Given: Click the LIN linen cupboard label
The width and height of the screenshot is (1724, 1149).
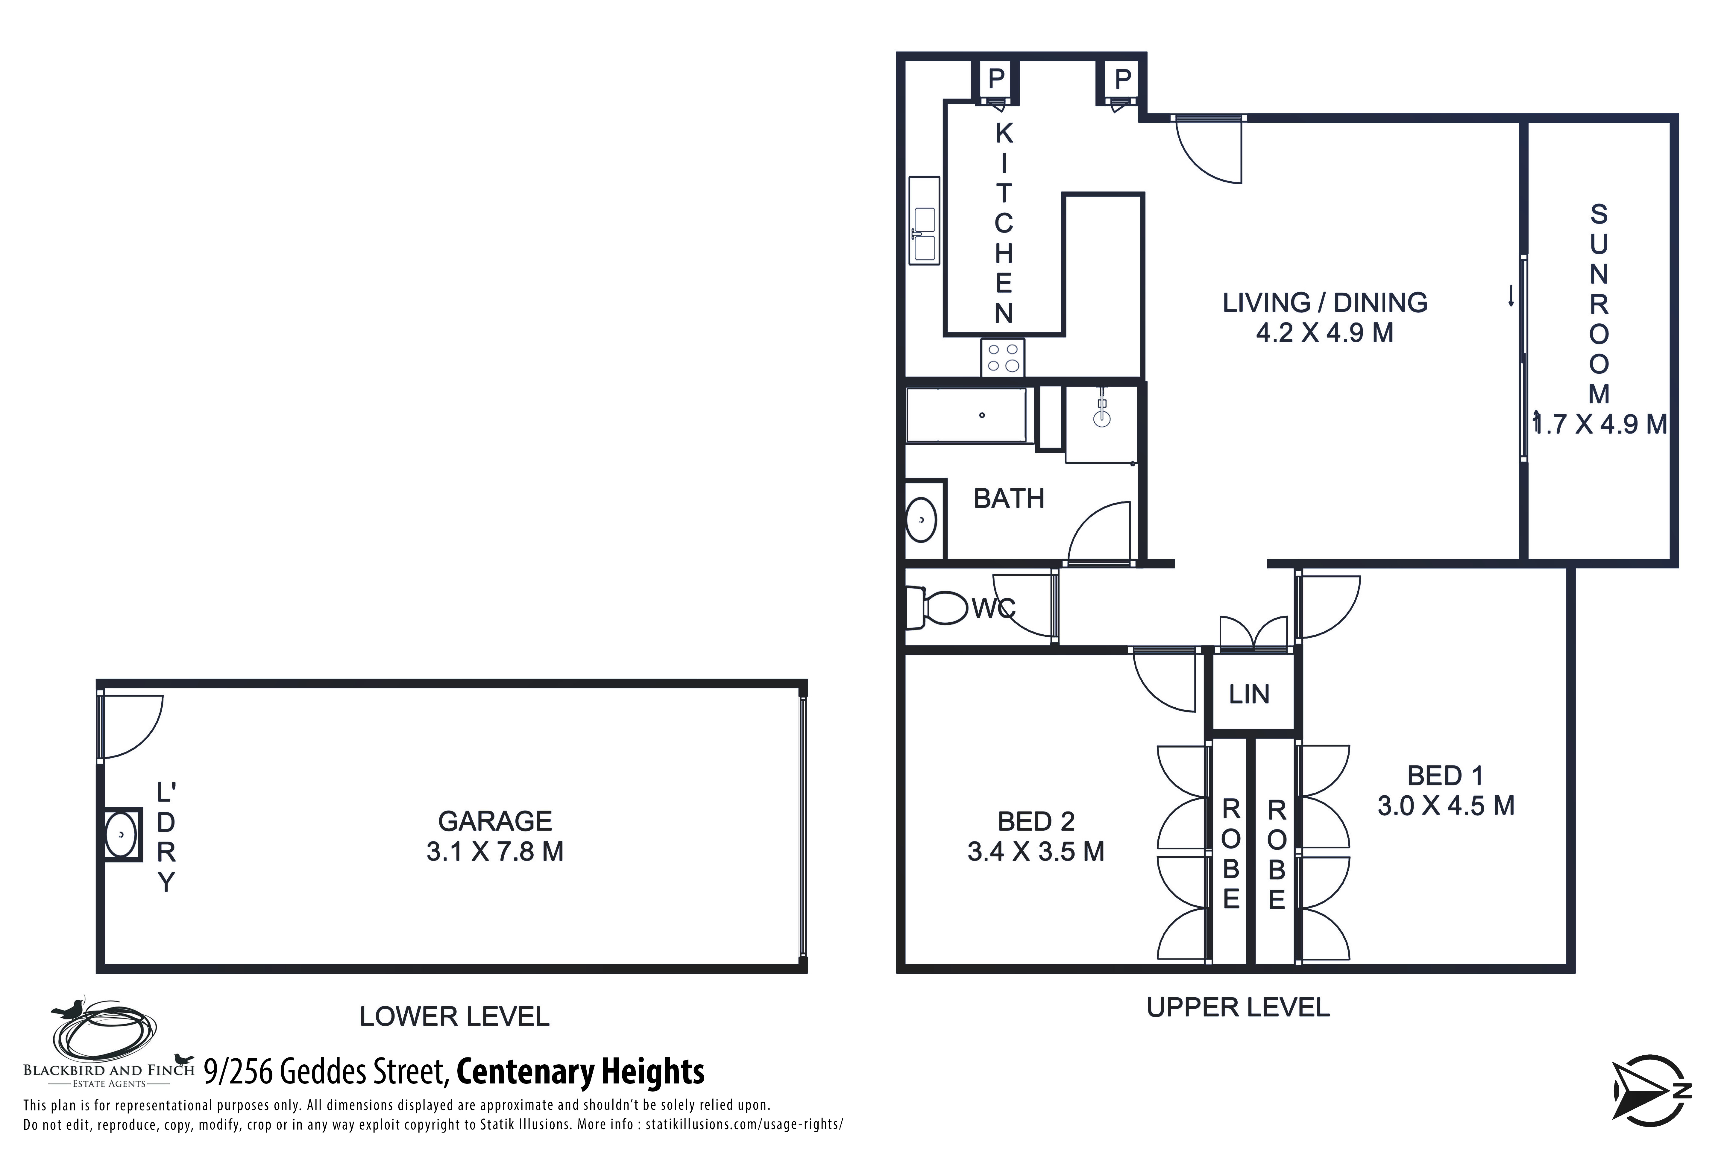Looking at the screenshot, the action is pyautogui.click(x=1249, y=694).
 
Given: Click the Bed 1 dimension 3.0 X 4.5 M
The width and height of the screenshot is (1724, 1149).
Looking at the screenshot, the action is pyautogui.click(x=1445, y=805).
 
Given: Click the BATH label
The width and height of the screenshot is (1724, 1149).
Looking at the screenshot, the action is pyautogui.click(x=1009, y=498).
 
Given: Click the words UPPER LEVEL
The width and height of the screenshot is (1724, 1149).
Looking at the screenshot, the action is pyautogui.click(x=1238, y=1007).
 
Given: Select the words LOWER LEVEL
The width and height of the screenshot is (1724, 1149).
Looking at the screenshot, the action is pyautogui.click(x=454, y=1016).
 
